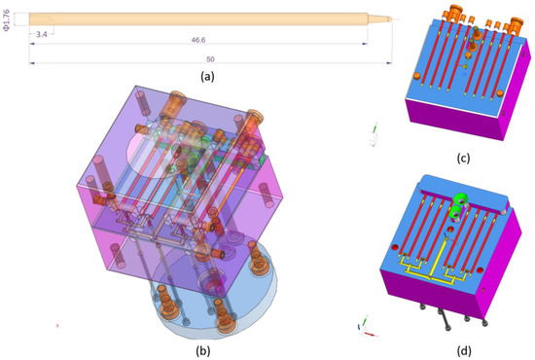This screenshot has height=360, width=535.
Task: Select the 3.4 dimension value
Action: click(40, 35)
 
